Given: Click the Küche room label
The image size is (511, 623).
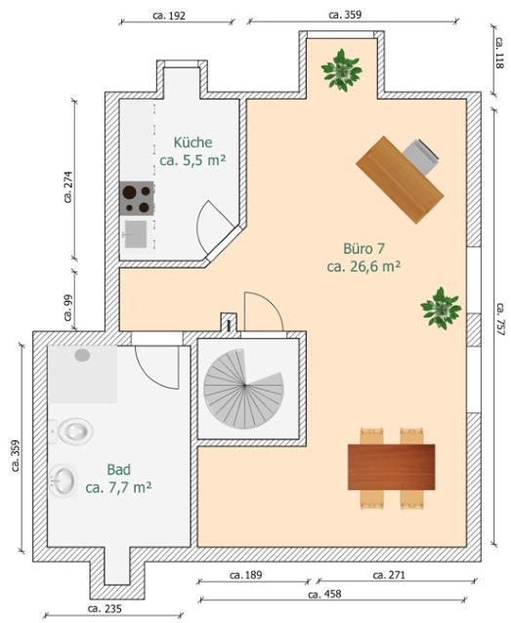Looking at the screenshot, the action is pyautogui.click(x=192, y=151).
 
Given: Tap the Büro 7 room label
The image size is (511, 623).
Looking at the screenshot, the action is pyautogui.click(x=363, y=258).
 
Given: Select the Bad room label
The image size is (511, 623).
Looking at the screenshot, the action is pyautogui.click(x=118, y=478).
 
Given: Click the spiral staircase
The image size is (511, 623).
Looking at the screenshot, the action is pyautogui.click(x=243, y=389).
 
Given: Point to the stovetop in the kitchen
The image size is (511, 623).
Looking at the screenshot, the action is pyautogui.click(x=137, y=198).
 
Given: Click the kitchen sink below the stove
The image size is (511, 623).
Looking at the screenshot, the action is pyautogui.click(x=135, y=234).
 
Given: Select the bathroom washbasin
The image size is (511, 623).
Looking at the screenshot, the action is pyautogui.click(x=64, y=480).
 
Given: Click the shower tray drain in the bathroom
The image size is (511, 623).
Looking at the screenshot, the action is pyautogui.click(x=82, y=354).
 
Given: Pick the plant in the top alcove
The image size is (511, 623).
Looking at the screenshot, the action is pyautogui.click(x=342, y=70).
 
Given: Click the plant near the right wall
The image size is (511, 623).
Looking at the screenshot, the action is pyautogui.click(x=441, y=309).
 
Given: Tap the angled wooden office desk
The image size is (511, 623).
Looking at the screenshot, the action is pyautogui.click(x=400, y=180).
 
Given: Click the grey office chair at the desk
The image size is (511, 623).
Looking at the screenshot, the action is pyautogui.click(x=422, y=156).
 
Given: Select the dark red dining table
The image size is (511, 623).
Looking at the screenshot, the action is pyautogui.click(x=391, y=467).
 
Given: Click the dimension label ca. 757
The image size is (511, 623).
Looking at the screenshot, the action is pyautogui.click(x=500, y=319).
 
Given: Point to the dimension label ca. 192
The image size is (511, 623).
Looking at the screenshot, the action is pyautogui.click(x=169, y=16).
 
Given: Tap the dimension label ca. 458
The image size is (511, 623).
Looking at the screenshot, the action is pyautogui.click(x=324, y=594).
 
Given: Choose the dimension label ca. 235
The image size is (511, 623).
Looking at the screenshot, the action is pyautogui.click(x=105, y=608).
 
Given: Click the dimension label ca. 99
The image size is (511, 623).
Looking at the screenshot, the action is pyautogui.click(x=68, y=308).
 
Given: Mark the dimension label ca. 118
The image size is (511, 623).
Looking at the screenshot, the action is pyautogui.click(x=500, y=53).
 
